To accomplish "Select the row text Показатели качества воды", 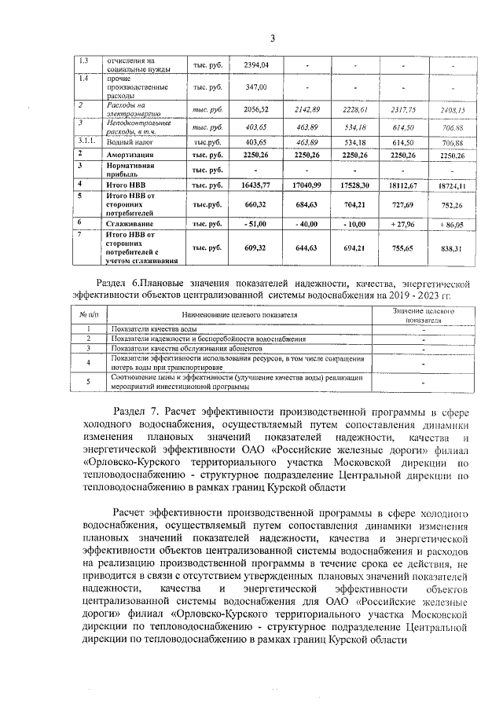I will pos(153,328).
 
